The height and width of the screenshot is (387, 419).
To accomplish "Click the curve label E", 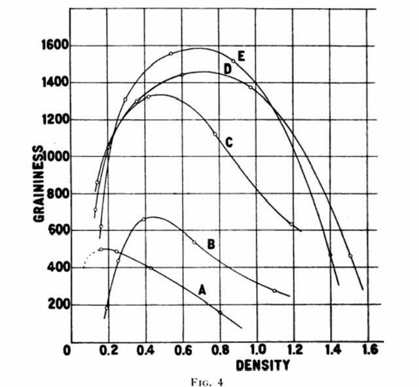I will tap(242, 56).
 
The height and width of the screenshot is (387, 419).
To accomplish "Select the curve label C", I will tap(228, 141).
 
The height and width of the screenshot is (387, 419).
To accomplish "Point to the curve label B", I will tap(211, 244).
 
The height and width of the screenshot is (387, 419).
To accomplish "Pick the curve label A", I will tap(202, 289).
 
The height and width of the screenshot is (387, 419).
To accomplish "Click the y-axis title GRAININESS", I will tap(39, 184).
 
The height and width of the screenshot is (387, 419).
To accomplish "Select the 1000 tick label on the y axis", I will tap(52, 157).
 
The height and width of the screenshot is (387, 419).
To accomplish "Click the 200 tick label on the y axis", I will tap(56, 304).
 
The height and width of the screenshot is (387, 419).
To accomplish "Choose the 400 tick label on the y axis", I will tap(56, 268).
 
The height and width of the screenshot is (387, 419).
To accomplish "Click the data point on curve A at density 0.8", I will tap(220, 312).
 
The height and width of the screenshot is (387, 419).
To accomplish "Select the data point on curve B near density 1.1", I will tap(274, 290).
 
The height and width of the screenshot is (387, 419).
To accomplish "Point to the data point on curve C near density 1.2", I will tap(291, 225).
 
